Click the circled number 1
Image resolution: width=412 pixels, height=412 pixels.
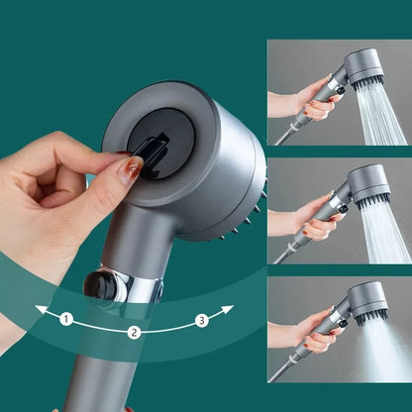click(66, 319)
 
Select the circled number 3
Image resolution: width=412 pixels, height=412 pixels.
click(203, 319)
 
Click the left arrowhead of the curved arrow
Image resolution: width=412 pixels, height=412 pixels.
click(39, 310)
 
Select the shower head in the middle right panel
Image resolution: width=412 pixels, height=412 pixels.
click(365, 184)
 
